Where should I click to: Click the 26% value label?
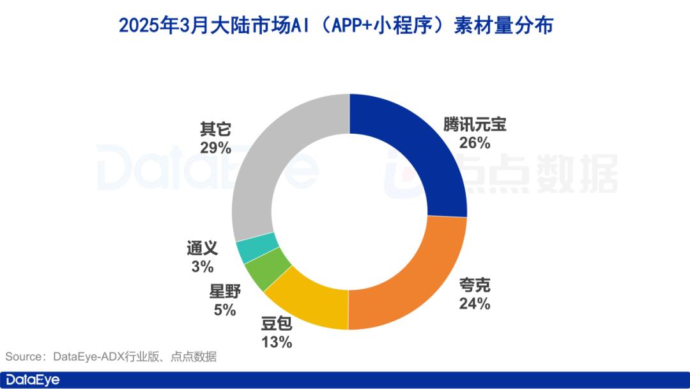[x=474, y=143]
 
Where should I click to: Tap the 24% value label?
[x=474, y=303]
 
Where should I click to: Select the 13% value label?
[x=277, y=342]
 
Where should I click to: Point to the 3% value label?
[x=202, y=267]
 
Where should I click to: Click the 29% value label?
[x=215, y=148]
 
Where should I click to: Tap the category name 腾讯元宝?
[x=474, y=125]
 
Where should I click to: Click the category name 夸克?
[x=474, y=285]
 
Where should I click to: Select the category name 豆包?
[x=277, y=324]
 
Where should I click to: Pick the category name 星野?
[x=224, y=292]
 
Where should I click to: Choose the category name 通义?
[x=203, y=248]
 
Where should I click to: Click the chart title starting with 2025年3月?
[x=335, y=26]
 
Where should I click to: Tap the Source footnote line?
[x=111, y=357]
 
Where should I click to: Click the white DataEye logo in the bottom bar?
[x=33, y=380]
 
